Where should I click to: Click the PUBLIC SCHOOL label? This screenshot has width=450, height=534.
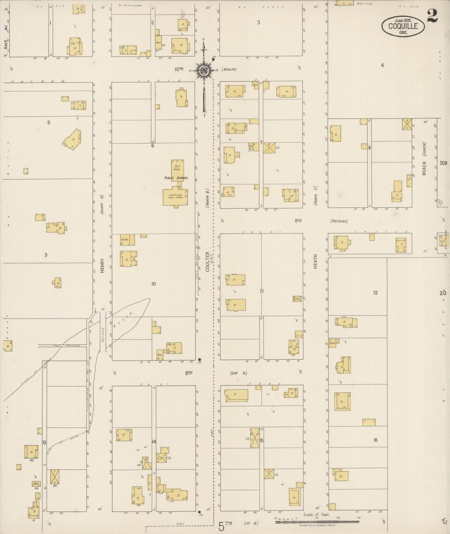176,178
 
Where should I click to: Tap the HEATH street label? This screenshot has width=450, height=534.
315,261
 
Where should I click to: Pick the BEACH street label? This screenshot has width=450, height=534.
424,168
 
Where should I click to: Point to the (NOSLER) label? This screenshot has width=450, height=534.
229,69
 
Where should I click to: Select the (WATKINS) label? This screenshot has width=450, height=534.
339,222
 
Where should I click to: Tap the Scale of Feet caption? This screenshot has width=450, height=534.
316,515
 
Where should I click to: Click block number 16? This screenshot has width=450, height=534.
376,440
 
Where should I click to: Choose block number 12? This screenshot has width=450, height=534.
376,293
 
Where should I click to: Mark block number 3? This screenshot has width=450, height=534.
258,22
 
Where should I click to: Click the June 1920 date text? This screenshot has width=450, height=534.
403,20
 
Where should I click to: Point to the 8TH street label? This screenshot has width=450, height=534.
189,373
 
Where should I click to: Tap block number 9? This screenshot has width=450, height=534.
46,255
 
